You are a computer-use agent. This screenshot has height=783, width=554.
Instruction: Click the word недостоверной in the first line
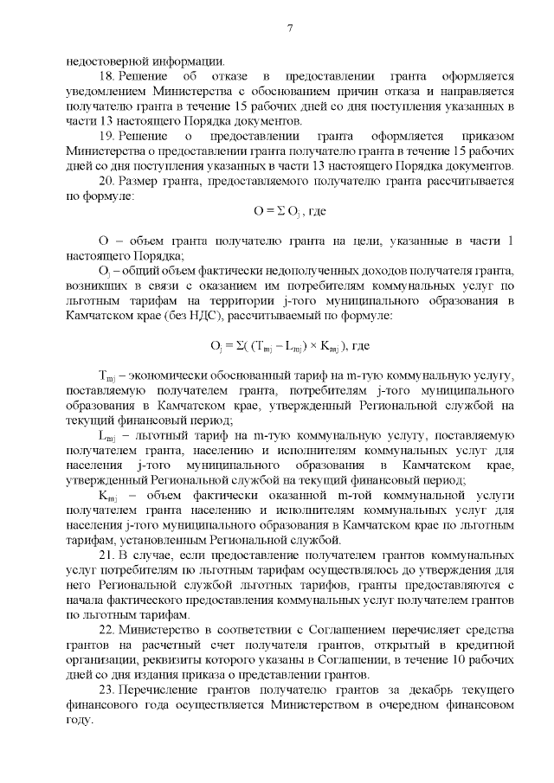(x=107, y=61)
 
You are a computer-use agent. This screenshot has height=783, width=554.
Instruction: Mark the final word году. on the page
(x=80, y=721)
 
